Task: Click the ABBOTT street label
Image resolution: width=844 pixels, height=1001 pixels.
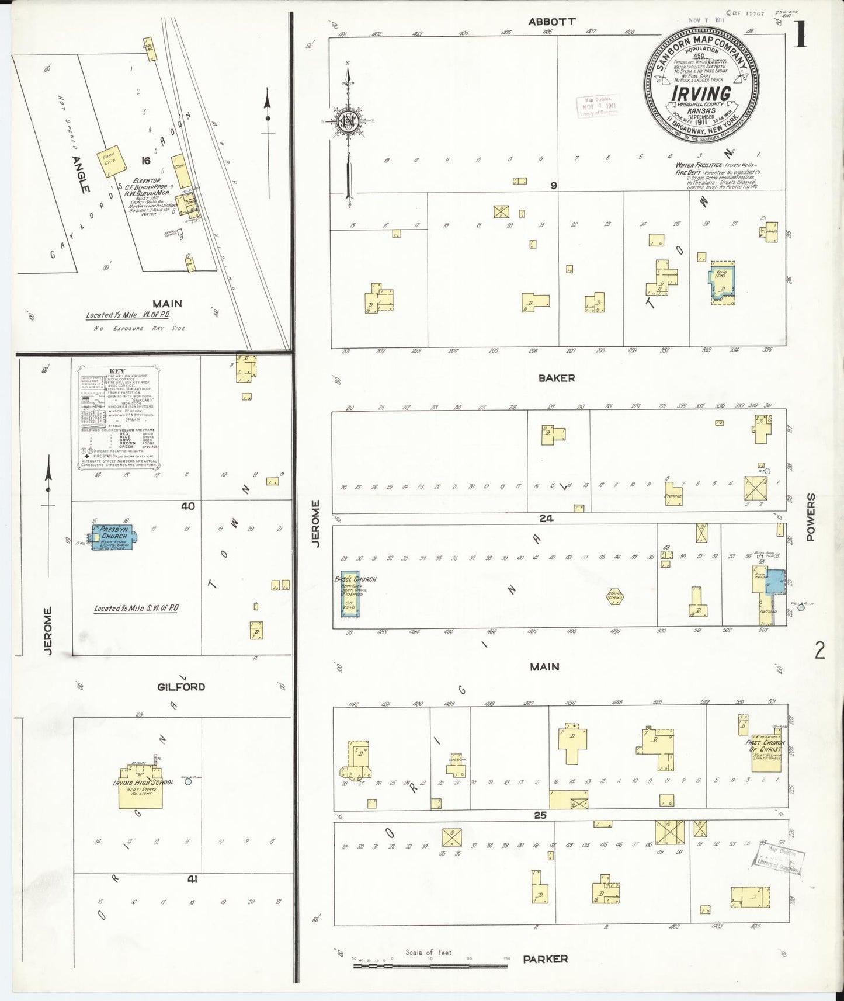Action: (x=552, y=22)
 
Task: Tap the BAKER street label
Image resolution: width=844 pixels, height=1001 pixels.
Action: (x=557, y=378)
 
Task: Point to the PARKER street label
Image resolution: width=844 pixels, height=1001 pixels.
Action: (x=545, y=958)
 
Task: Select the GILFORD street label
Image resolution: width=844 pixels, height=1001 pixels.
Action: (x=181, y=687)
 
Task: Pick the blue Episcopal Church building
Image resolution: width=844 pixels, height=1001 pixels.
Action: (x=350, y=594)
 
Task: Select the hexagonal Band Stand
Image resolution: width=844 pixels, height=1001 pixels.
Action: (x=616, y=597)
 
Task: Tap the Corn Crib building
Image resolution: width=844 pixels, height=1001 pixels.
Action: (x=109, y=159)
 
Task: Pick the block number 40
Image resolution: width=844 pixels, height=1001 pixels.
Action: (x=187, y=506)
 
